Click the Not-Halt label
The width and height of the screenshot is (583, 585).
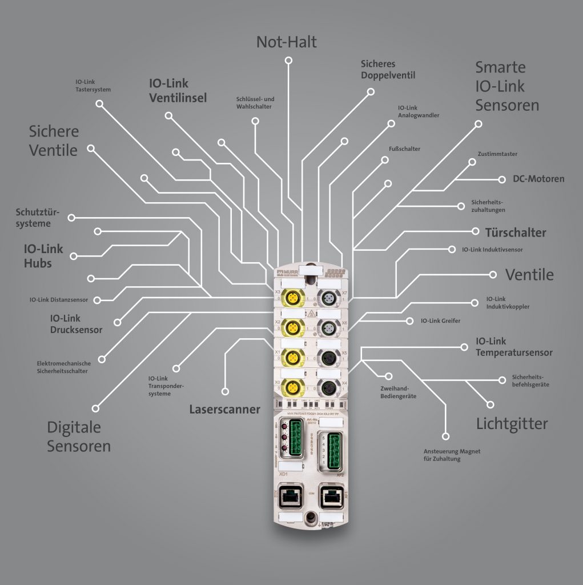tap(286, 42)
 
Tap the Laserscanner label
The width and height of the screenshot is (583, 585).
tap(224, 409)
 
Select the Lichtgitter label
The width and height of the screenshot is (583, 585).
tap(512, 423)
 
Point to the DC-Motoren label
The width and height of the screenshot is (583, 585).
tap(538, 179)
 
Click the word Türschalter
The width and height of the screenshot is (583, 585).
tap(515, 233)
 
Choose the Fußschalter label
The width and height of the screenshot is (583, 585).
tap(404, 149)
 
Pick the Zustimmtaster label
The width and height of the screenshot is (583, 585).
tap(497, 154)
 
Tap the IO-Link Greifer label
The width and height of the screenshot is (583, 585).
tap(440, 321)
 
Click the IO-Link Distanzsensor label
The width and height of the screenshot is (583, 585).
tap(59, 299)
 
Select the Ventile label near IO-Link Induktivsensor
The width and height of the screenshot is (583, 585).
tap(529, 275)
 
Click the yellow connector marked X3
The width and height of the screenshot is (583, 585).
tap(292, 299)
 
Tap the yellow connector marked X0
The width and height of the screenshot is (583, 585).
tap(292, 386)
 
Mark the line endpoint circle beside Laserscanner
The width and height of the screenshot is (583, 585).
tap(225, 391)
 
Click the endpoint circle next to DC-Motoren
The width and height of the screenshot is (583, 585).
tap(501, 179)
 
